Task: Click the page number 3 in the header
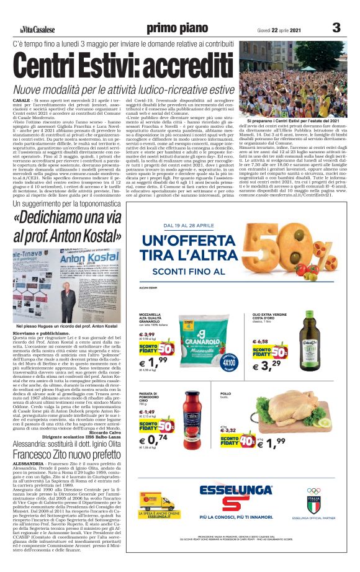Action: tap(336, 27)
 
